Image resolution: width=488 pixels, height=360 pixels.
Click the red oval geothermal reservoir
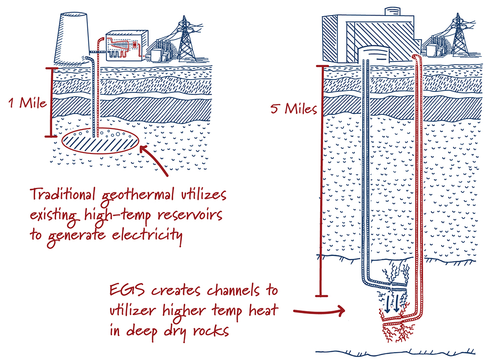pyautogui.click(x=101, y=142)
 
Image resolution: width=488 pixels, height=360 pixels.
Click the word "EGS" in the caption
pyautogui.click(x=124, y=292)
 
